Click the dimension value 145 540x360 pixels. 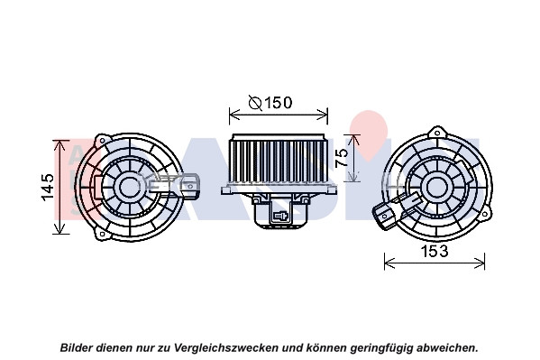click(x=48, y=187)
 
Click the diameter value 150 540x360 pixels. click(x=279, y=103)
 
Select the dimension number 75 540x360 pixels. click(x=342, y=158)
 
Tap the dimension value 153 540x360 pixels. click(x=435, y=251)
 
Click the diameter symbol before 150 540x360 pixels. click(x=255, y=103)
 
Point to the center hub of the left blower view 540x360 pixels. click(x=129, y=187)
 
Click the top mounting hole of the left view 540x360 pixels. click(x=102, y=141)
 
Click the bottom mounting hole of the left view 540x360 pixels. click(x=102, y=235)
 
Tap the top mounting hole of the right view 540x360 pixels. click(x=437, y=133)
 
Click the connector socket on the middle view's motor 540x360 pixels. click(x=281, y=216)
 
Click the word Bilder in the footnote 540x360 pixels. click(x=77, y=347)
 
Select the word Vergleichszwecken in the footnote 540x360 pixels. click(x=226, y=348)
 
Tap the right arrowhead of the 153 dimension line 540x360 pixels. click(x=480, y=263)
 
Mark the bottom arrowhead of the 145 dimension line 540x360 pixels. click(x=60, y=228)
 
